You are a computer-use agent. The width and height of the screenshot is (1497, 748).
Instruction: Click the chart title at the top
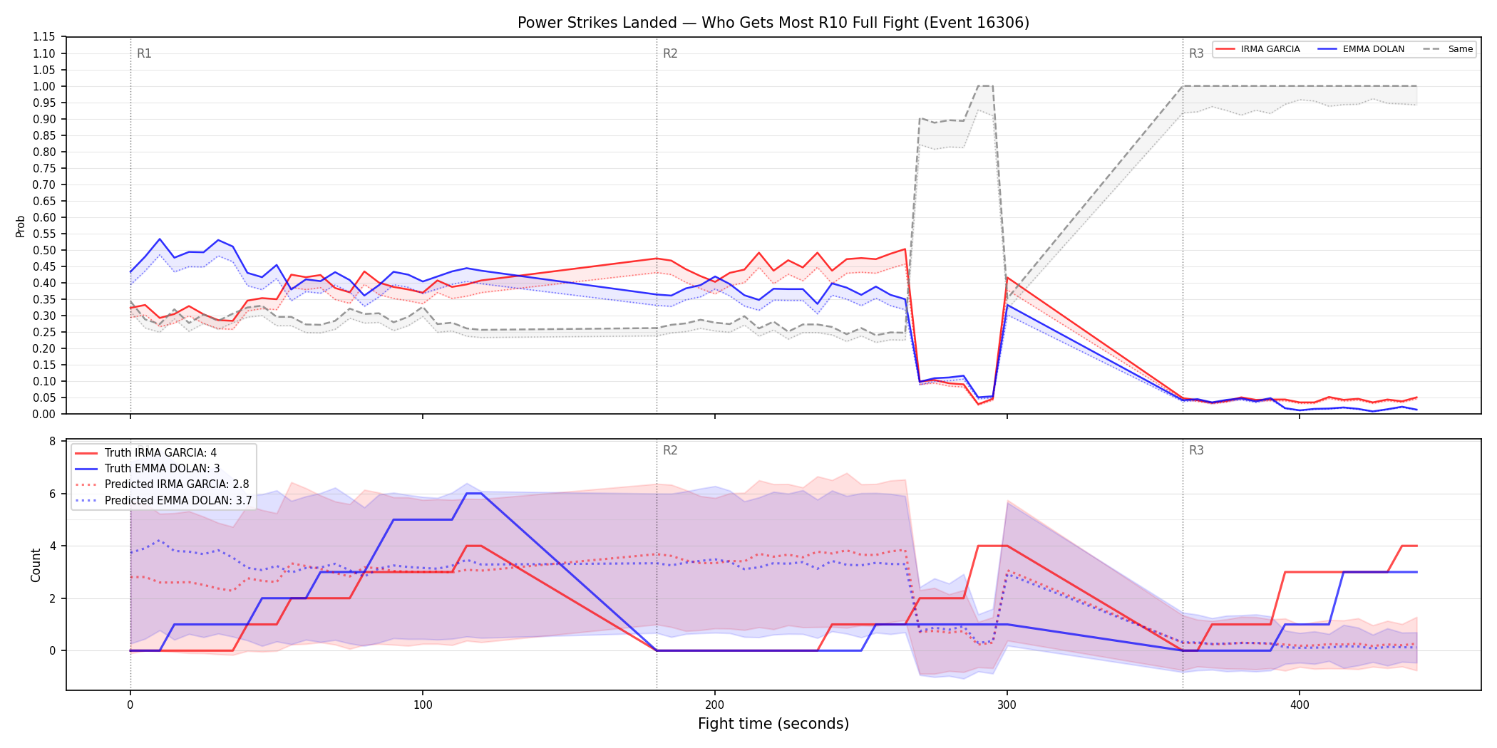(x=773, y=23)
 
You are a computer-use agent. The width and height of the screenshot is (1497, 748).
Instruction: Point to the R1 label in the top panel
(x=144, y=53)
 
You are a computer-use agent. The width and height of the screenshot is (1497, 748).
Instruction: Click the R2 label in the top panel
(x=670, y=53)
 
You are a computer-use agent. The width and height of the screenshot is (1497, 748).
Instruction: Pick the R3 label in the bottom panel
(x=1196, y=450)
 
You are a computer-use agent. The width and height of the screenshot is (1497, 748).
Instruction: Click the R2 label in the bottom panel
(x=670, y=450)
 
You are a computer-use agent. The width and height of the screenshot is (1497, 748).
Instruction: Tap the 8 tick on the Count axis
(x=52, y=442)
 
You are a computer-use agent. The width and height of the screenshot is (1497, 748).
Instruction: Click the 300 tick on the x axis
(x=1007, y=705)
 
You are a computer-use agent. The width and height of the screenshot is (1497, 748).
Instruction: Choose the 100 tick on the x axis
(x=423, y=705)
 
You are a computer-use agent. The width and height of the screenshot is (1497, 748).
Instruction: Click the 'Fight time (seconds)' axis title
(x=773, y=724)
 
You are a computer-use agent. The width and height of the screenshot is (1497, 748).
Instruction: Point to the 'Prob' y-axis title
(x=21, y=226)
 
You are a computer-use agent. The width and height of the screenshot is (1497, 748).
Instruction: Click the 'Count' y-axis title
(x=36, y=565)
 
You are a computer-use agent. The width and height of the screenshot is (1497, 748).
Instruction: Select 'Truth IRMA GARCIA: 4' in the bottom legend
(x=160, y=453)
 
